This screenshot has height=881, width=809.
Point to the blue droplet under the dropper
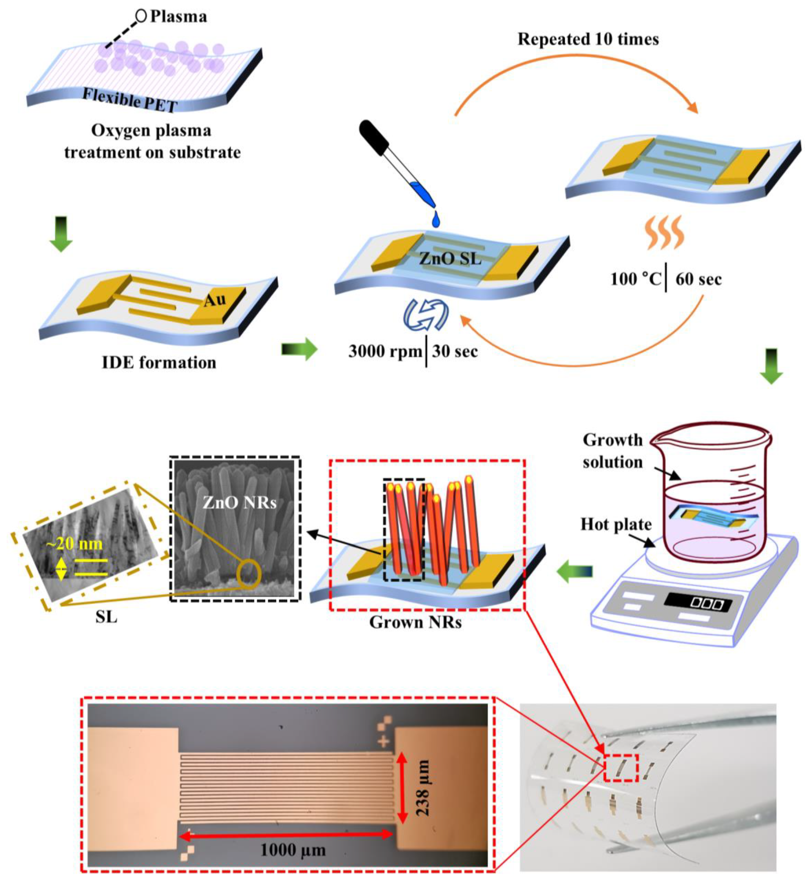pyautogui.click(x=436, y=220)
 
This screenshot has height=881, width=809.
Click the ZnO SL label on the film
pyautogui.click(x=450, y=259)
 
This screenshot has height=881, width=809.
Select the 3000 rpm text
pyautogui.click(x=385, y=351)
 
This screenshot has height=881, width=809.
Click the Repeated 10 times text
pyautogui.click(x=588, y=39)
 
